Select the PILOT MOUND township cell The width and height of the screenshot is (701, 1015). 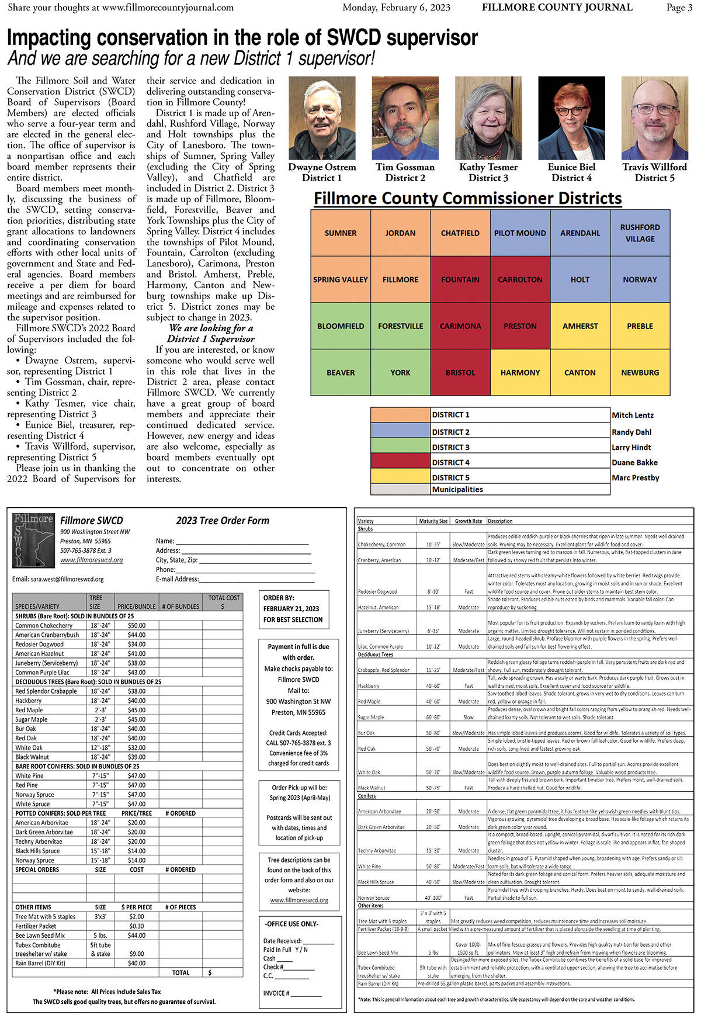coord(520,233)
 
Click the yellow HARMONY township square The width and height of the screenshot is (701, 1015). coord(520,372)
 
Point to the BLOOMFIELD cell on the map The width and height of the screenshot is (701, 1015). coord(341,326)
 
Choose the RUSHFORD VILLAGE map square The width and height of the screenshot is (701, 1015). coord(640,233)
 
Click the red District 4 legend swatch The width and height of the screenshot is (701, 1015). coord(400,462)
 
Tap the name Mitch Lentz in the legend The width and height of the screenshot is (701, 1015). coord(633,415)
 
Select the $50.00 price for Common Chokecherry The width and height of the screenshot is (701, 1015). coord(137,625)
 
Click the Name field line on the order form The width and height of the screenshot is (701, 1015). coord(242,542)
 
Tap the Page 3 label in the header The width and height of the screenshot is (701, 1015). coord(679,8)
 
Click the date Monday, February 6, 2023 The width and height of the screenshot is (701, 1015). coord(396,8)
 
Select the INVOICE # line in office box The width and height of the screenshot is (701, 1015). coord(292,993)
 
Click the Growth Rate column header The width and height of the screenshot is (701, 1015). coord(469,521)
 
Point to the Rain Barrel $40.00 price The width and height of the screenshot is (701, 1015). coord(137,963)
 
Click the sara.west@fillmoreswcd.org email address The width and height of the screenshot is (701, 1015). coord(58,579)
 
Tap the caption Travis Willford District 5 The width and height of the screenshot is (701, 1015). coord(654,172)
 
